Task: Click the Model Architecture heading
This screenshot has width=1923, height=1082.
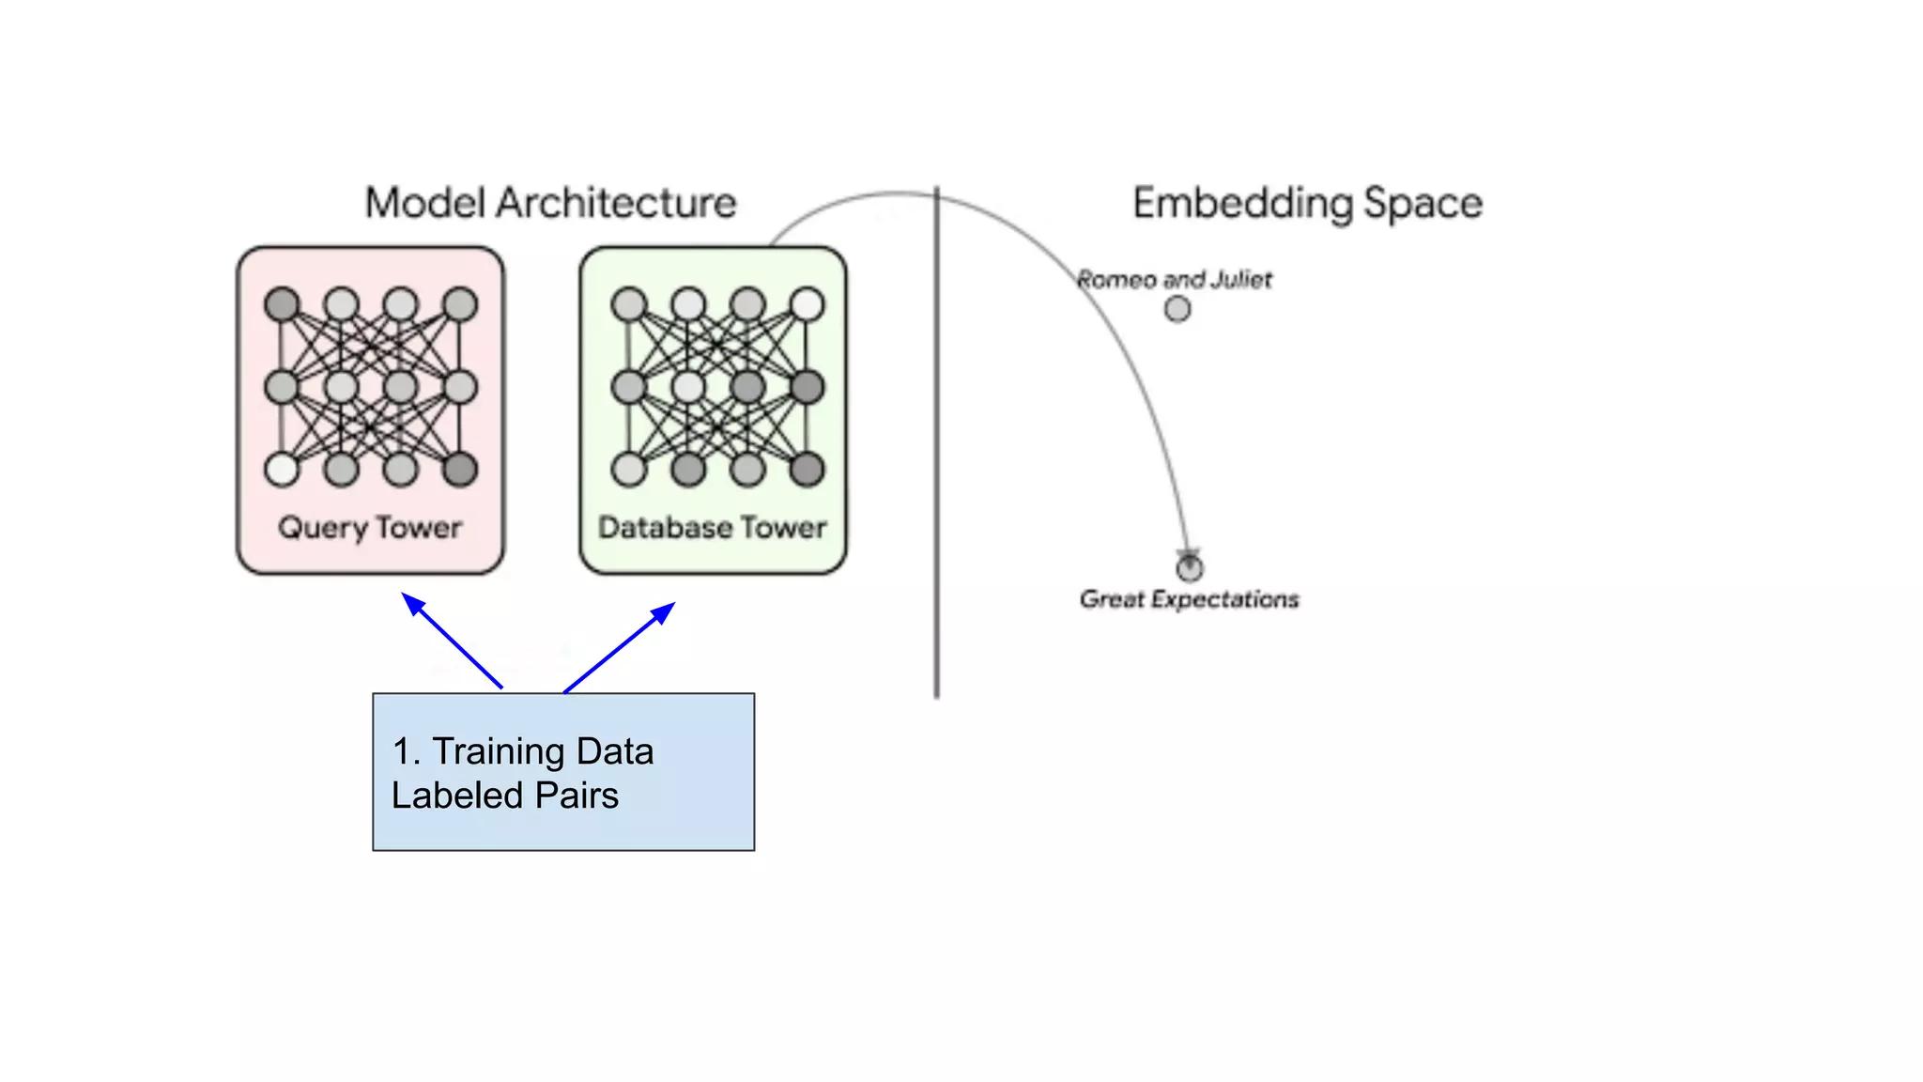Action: (x=550, y=203)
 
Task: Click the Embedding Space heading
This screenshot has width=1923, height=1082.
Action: (x=1307, y=203)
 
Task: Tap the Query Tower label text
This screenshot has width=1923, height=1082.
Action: (x=370, y=528)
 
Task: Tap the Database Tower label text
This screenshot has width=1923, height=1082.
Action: (x=713, y=528)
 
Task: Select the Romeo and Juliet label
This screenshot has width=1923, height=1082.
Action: (x=1174, y=280)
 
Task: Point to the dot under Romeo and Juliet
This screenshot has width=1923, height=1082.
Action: (x=1177, y=309)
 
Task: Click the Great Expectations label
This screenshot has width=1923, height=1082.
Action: (x=1189, y=599)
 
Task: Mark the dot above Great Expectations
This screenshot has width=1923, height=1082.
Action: (x=1190, y=568)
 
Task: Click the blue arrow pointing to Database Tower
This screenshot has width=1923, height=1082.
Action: (x=620, y=646)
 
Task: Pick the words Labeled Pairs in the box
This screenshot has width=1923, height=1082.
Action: (x=505, y=796)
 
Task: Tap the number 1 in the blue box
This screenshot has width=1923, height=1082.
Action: (x=402, y=751)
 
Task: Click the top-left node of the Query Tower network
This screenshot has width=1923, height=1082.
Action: (x=282, y=304)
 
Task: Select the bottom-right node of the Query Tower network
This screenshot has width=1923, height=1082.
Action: (x=460, y=470)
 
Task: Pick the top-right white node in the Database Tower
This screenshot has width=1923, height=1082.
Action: (x=808, y=304)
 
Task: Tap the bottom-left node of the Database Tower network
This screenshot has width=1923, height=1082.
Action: (x=629, y=470)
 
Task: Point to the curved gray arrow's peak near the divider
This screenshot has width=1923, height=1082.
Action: (x=897, y=193)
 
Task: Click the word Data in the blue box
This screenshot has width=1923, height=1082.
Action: (x=615, y=751)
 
